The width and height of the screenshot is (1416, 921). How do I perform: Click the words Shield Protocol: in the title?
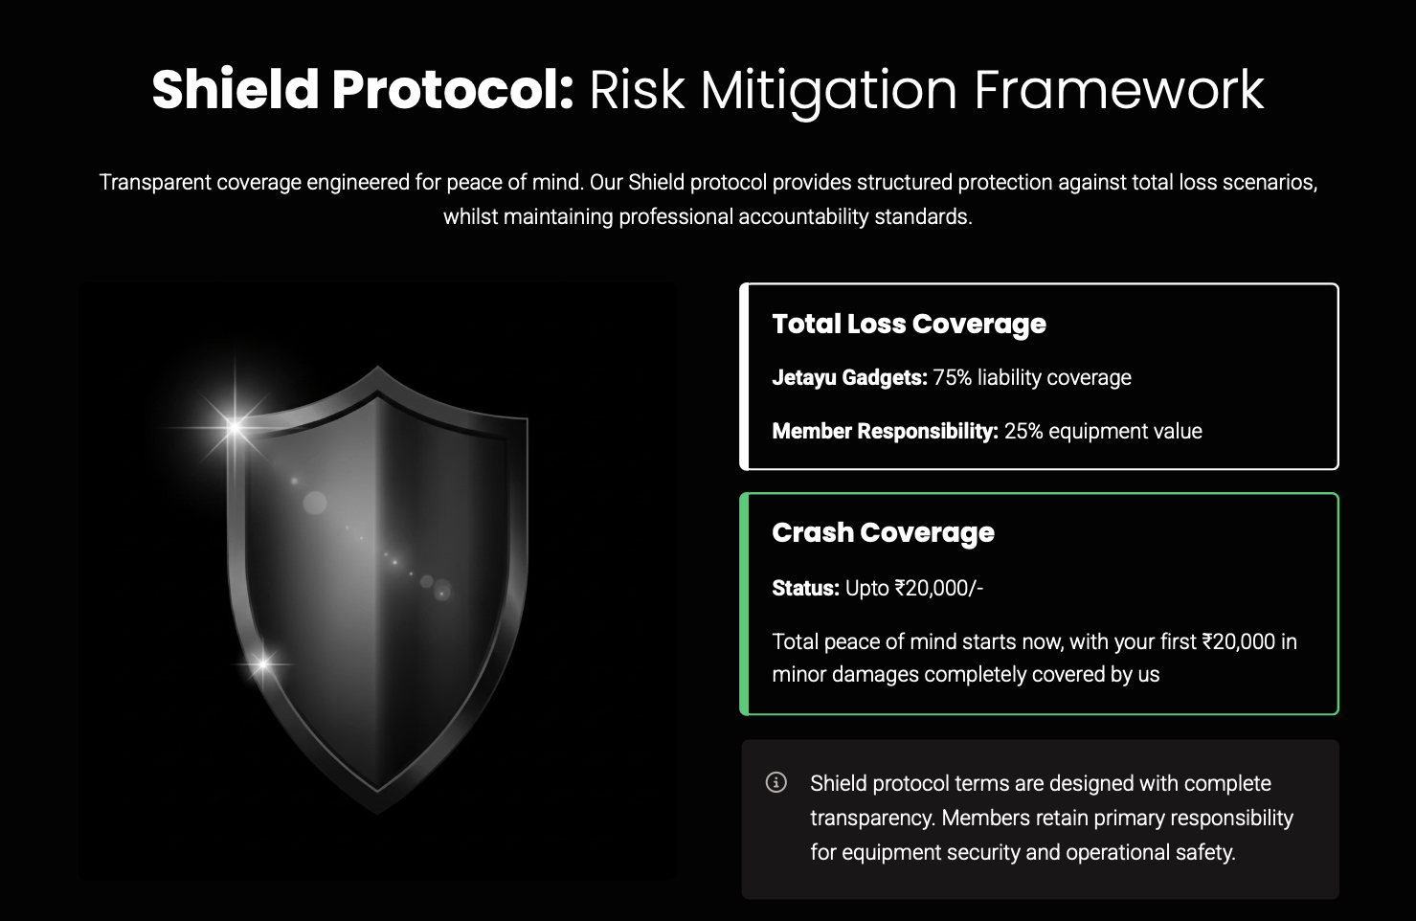(x=362, y=90)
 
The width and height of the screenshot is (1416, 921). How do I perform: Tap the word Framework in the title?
(x=1119, y=90)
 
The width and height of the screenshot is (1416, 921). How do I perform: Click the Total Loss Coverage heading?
(x=909, y=325)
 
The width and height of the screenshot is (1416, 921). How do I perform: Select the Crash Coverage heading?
(x=883, y=533)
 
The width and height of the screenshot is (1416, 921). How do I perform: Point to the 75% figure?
(x=952, y=377)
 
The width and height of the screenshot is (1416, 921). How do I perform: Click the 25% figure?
(x=1023, y=431)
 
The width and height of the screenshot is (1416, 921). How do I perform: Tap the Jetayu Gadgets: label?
(x=849, y=378)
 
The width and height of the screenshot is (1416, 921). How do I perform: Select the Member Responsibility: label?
(x=885, y=431)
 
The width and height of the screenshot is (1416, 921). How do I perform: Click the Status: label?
(x=805, y=589)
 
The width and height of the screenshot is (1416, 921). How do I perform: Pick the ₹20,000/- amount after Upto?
(x=938, y=589)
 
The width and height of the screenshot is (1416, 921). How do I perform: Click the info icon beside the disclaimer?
(x=776, y=782)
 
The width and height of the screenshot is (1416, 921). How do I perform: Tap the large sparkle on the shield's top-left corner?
(x=235, y=427)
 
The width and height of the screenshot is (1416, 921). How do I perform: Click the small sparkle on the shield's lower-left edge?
(x=263, y=663)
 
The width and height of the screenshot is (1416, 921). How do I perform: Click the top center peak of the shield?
(x=378, y=367)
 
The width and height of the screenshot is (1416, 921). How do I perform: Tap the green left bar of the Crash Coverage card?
(x=744, y=604)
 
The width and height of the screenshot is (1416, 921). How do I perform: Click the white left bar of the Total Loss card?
(x=744, y=376)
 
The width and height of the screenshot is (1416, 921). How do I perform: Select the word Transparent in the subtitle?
(x=155, y=183)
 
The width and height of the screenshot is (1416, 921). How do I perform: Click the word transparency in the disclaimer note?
(x=871, y=819)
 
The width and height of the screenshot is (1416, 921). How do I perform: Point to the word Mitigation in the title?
(x=829, y=91)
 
